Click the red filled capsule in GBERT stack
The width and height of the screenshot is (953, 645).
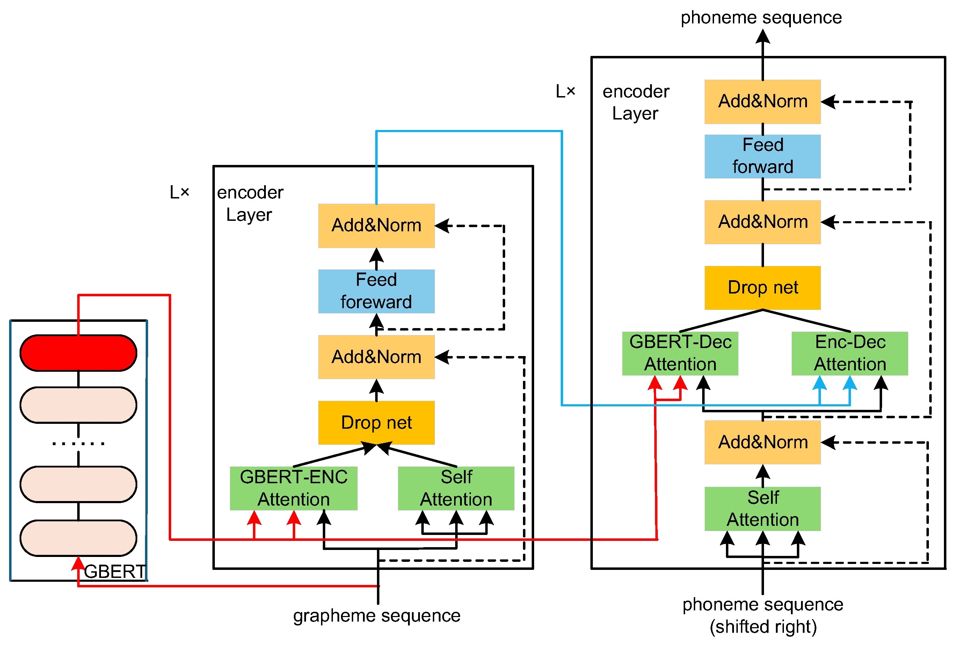tap(78, 353)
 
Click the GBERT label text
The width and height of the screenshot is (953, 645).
tap(115, 571)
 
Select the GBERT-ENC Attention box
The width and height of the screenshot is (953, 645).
tap(293, 488)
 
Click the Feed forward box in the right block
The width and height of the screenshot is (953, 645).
tap(762, 156)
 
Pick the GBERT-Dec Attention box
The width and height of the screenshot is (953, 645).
tap(680, 353)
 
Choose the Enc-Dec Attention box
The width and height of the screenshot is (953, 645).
tap(850, 353)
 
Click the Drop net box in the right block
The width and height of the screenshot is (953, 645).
tap(762, 288)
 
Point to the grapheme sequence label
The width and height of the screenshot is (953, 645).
tap(377, 616)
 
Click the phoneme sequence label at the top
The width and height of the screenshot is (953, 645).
tap(761, 17)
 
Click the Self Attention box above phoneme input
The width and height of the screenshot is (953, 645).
tap(762, 508)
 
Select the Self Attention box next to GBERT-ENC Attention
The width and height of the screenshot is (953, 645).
tap(456, 488)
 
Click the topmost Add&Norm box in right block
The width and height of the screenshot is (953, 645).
tap(762, 101)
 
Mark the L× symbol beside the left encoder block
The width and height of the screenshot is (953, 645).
tap(180, 192)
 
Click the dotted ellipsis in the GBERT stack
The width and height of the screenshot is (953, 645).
tap(78, 443)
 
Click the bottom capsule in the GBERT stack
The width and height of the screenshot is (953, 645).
tap(78, 538)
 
